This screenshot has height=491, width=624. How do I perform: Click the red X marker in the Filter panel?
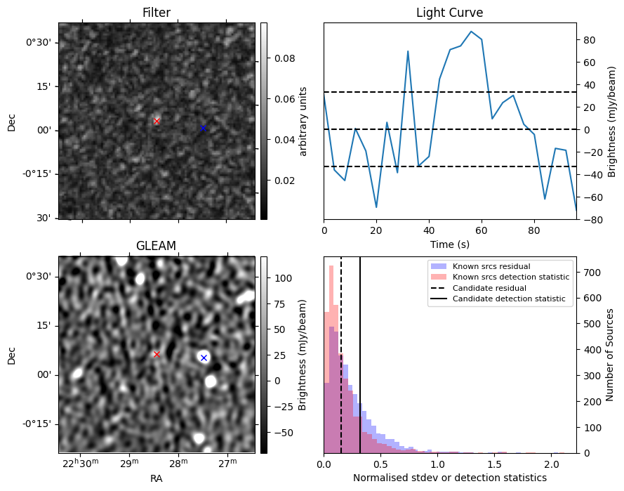[157, 121]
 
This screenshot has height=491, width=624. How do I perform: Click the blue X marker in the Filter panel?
[204, 129]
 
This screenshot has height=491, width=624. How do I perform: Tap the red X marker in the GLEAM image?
[157, 354]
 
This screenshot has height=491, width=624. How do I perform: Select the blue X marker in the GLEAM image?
[204, 358]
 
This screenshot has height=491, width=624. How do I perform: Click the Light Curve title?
[450, 13]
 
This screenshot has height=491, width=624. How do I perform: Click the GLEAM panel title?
[156, 246]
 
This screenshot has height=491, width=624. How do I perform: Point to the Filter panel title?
[157, 13]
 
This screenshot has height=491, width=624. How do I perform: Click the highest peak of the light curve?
[471, 31]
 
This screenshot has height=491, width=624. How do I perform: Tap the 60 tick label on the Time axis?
[482, 230]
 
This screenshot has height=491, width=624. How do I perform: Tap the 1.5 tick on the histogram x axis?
[495, 464]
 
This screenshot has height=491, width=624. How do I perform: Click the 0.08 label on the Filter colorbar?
[284, 58]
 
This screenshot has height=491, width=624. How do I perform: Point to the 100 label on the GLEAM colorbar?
[283, 278]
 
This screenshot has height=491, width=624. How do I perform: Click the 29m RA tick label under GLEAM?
[129, 462]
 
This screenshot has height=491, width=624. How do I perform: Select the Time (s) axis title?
[450, 244]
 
